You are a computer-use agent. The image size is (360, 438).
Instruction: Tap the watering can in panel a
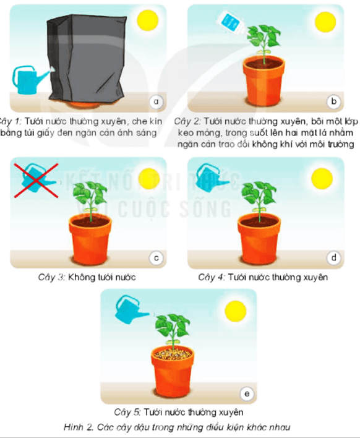(29, 80)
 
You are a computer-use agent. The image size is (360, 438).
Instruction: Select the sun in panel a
(148, 20)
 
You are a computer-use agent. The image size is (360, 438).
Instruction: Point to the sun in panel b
(325, 22)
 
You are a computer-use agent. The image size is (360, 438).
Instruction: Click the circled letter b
(334, 101)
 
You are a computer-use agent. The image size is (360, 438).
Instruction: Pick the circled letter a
(156, 101)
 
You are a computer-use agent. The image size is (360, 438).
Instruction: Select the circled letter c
(156, 258)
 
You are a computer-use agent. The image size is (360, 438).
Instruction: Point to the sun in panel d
(322, 179)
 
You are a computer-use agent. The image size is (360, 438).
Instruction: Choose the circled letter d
(334, 257)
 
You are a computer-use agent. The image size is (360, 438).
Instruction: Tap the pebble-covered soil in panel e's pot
(173, 354)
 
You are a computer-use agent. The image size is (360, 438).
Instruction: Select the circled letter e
(247, 393)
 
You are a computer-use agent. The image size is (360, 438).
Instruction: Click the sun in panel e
(236, 311)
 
